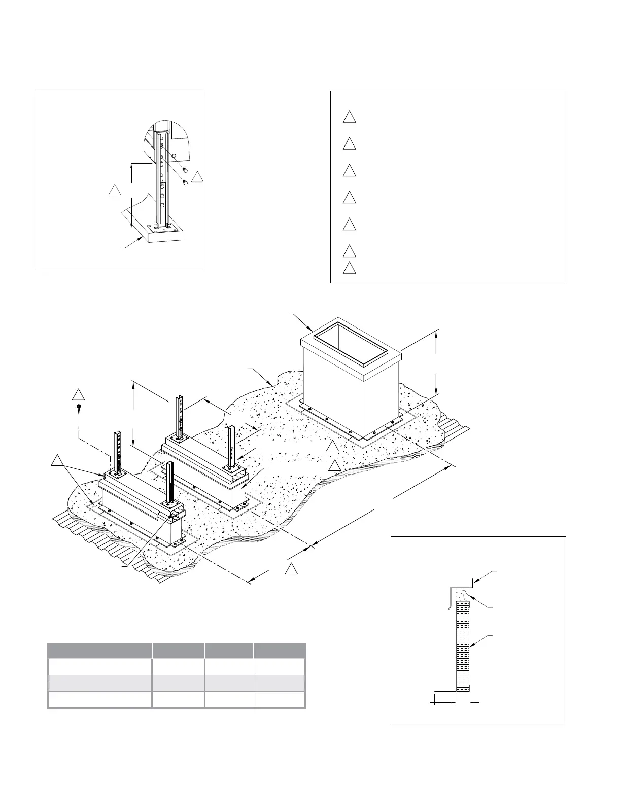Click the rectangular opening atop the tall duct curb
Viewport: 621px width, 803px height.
coord(351,345)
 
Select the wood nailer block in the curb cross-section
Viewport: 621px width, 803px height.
coord(463,594)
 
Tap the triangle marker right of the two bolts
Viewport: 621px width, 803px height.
coord(198,177)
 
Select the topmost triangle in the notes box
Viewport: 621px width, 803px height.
coord(349,117)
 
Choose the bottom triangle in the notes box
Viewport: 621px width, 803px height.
coord(349,268)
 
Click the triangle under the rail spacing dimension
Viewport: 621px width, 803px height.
coord(291,569)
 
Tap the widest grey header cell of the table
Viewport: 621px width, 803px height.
coord(99,650)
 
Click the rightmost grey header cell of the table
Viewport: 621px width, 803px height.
coord(280,650)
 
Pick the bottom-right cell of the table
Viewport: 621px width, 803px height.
coord(280,700)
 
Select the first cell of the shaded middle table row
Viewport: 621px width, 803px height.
coord(99,683)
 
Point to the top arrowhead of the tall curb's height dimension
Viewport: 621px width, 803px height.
coord(437,332)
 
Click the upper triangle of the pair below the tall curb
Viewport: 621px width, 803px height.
coord(332,447)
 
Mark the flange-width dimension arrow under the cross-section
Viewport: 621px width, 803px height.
coord(443,702)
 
